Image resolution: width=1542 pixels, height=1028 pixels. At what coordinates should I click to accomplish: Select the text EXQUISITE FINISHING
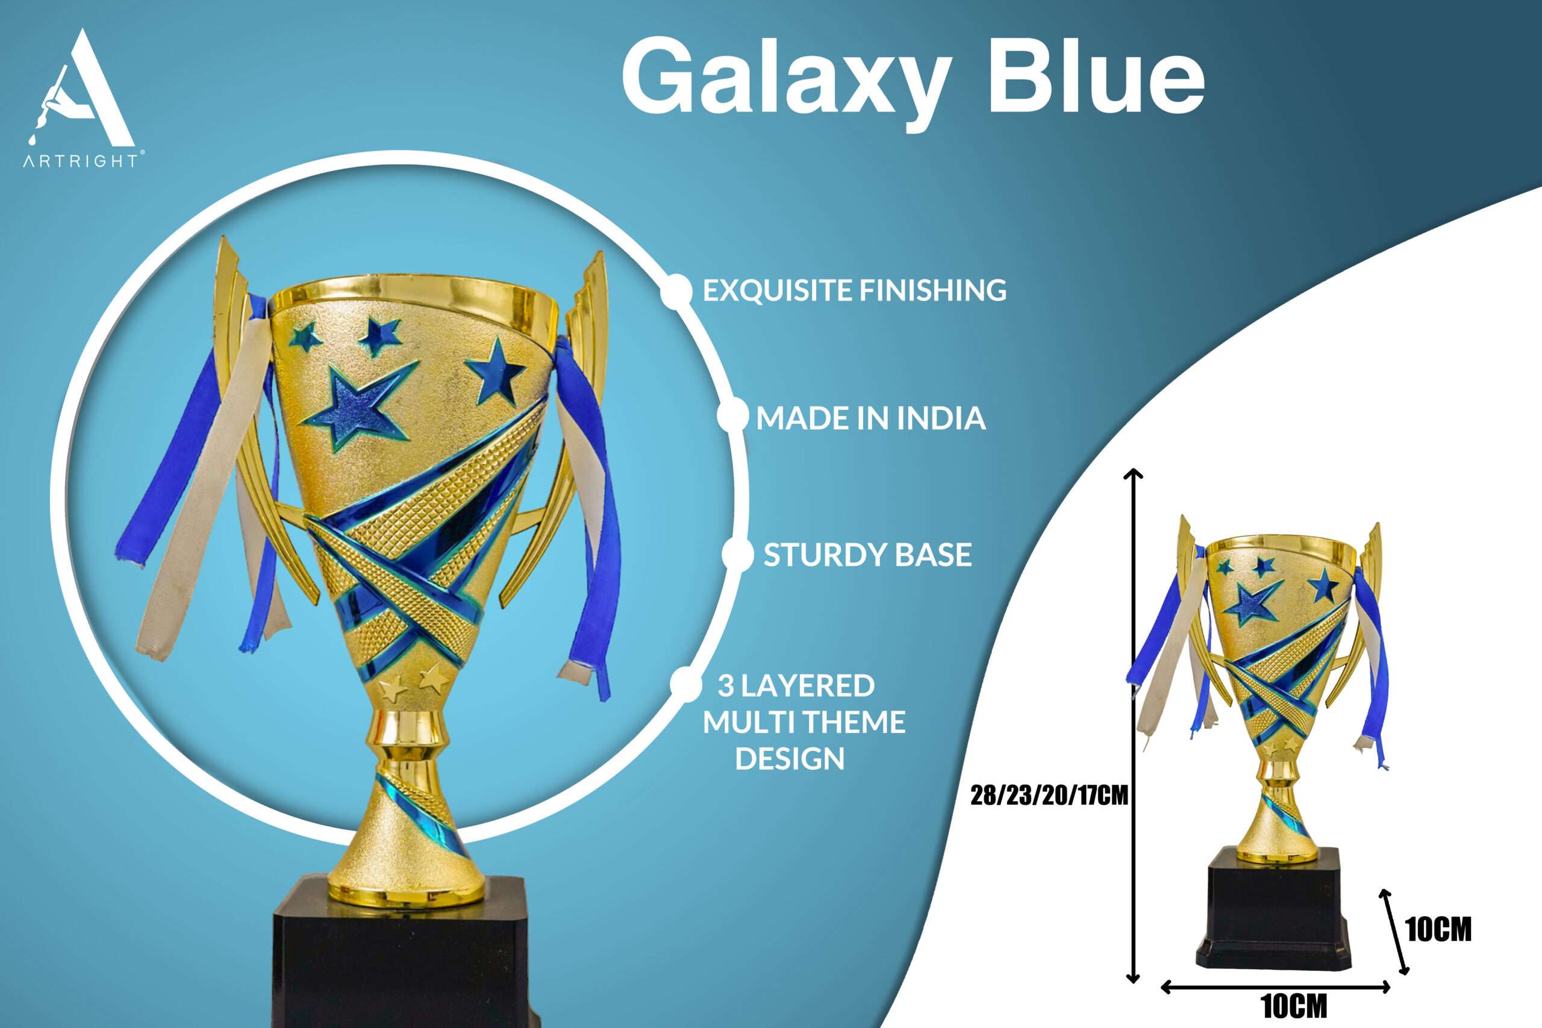click(854, 290)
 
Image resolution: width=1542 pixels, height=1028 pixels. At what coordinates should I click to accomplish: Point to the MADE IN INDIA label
click(870, 419)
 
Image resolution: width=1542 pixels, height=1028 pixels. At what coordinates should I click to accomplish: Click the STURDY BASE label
click(867, 555)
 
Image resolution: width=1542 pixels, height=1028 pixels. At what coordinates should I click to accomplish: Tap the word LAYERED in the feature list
click(808, 686)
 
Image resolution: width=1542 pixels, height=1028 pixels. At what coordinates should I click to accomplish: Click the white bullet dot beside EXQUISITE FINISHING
click(677, 290)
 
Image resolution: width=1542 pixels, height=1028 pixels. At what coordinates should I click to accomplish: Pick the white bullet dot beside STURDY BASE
click(737, 555)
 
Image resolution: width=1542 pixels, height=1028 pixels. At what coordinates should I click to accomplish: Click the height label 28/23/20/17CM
click(1049, 796)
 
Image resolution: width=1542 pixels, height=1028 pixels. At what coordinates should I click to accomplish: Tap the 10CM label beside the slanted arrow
click(1439, 929)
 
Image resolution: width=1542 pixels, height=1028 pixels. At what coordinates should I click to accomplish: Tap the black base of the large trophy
click(400, 954)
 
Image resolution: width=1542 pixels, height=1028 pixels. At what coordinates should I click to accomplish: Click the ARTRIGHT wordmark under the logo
click(81, 161)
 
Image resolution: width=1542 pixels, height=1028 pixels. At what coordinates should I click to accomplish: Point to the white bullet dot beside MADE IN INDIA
click(733, 416)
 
